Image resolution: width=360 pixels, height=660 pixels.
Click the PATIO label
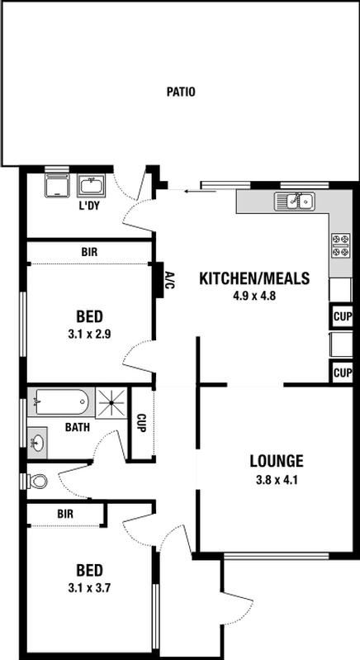(181, 92)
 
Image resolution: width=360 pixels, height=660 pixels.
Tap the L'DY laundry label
(88, 206)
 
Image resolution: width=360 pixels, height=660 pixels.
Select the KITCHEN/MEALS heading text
(254, 278)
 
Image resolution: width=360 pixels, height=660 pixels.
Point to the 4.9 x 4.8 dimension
(254, 296)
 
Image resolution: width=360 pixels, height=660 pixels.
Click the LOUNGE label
(277, 461)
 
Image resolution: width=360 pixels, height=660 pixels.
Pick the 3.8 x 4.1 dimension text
(277, 480)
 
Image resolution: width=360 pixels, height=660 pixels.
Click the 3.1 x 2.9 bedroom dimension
(89, 335)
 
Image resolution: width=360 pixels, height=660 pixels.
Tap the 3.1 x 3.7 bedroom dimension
(89, 588)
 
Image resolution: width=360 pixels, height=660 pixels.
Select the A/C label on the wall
(168, 280)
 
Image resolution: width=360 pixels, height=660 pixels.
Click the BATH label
(78, 427)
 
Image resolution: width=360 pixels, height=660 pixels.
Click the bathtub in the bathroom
(61, 402)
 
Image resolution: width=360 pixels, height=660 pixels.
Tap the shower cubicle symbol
(111, 403)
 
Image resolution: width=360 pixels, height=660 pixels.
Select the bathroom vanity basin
(37, 443)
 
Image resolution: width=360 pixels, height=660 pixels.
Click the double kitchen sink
(295, 202)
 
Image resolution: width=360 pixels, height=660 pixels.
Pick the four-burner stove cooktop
(341, 245)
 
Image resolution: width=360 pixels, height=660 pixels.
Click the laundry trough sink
(92, 186)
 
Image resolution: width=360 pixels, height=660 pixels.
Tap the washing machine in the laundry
(57, 186)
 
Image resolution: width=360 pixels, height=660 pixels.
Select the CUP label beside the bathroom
(141, 424)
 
